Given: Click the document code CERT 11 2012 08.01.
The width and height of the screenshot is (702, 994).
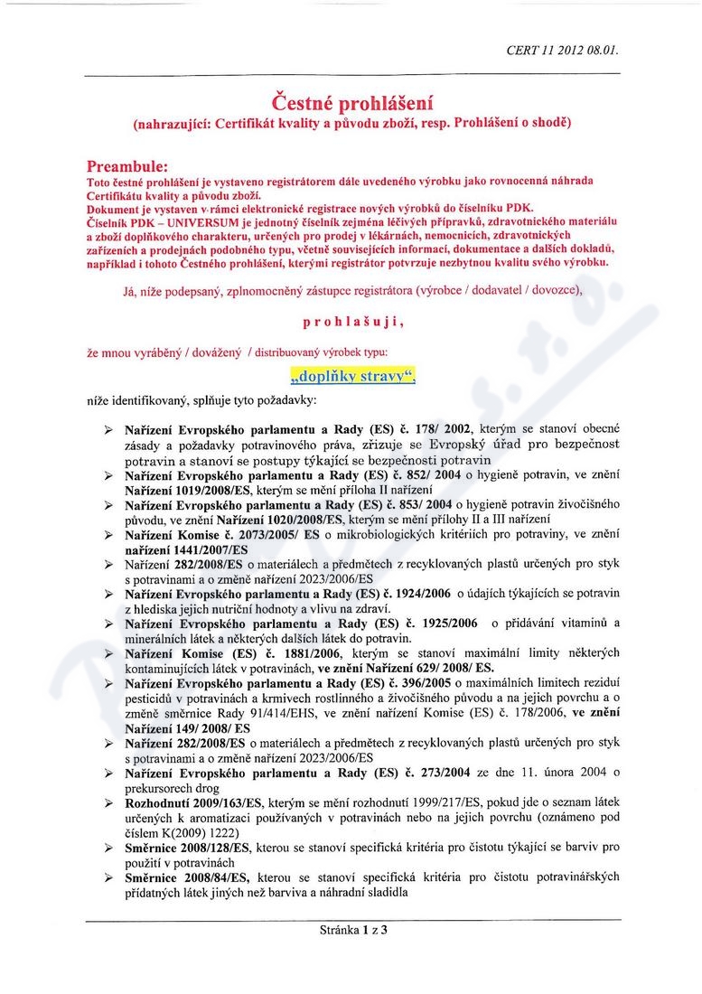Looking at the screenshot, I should click(563, 52).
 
